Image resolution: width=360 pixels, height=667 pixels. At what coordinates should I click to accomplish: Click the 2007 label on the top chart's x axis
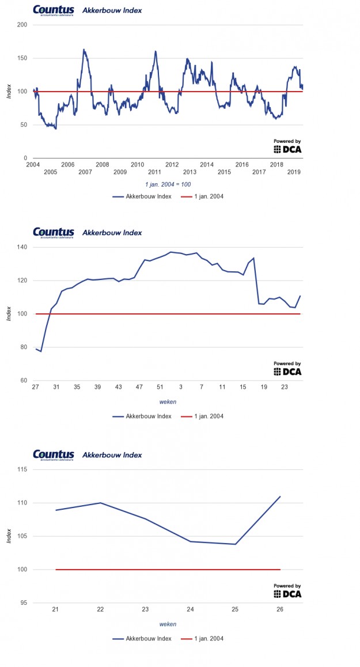pyautogui.click(x=85, y=172)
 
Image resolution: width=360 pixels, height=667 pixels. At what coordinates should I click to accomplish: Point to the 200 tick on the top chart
pyautogui.click(x=22, y=25)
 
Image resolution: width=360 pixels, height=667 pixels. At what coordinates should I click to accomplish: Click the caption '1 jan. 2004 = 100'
pyautogui.click(x=168, y=184)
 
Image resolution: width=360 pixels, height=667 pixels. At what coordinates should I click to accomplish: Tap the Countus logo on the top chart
pyautogui.click(x=54, y=10)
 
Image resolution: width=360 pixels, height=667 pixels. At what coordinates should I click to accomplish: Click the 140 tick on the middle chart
pyautogui.click(x=22, y=247)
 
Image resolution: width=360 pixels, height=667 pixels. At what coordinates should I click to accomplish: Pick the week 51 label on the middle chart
pyautogui.click(x=160, y=387)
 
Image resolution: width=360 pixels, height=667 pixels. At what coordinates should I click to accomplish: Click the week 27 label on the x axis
pyautogui.click(x=36, y=387)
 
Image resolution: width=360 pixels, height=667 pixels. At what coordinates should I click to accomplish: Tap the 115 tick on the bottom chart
pyautogui.click(x=22, y=469)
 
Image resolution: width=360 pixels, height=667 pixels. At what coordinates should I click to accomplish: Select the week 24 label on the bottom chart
pyautogui.click(x=190, y=609)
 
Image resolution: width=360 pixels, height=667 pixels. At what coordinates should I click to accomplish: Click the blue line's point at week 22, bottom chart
pyautogui.click(x=101, y=503)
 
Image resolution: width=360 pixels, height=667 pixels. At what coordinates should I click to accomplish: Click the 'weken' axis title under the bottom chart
pyautogui.click(x=168, y=624)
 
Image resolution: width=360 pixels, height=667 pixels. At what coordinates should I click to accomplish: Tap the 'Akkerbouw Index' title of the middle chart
pyautogui.click(x=112, y=233)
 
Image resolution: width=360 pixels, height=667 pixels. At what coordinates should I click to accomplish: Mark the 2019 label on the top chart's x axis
pyautogui.click(x=294, y=172)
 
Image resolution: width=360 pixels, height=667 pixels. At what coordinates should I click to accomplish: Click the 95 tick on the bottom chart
pyautogui.click(x=24, y=603)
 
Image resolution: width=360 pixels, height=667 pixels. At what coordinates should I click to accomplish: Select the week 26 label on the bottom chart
pyautogui.click(x=281, y=609)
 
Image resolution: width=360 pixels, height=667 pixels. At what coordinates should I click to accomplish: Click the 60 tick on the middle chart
pyautogui.click(x=24, y=381)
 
